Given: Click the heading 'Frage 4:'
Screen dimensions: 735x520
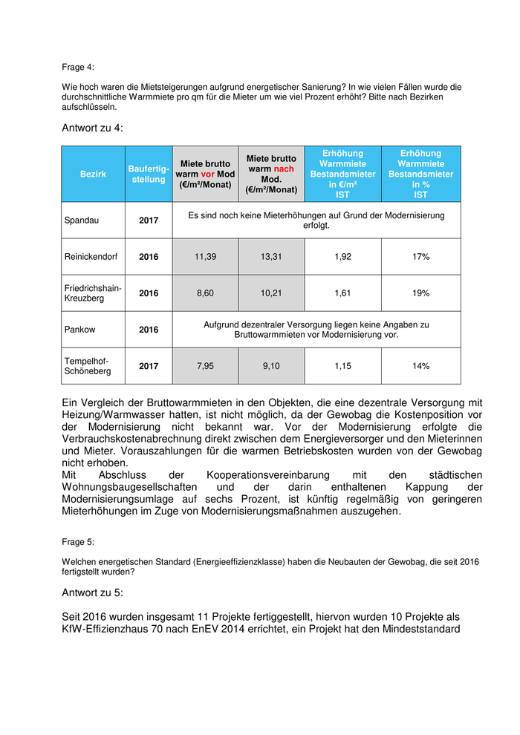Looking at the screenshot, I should pos(78,68).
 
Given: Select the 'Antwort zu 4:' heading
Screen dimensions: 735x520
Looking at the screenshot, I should pos(93,128).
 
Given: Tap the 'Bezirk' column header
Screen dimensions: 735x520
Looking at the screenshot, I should pos(93,174).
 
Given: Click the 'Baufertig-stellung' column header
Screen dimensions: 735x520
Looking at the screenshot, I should pos(149,174).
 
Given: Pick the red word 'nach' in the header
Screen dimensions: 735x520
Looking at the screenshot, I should pos(283,169).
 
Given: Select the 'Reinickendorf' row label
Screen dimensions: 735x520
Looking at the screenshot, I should pos(93,257).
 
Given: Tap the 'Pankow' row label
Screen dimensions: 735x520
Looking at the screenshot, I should pos(79,330).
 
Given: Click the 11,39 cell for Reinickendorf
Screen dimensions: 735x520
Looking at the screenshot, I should pos(205,257).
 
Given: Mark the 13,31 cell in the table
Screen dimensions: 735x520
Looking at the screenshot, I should pos(271,257).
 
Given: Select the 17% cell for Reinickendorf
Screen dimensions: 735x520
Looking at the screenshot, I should pos(420,257).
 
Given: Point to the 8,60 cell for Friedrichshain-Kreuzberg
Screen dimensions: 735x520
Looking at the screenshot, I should pos(205,293).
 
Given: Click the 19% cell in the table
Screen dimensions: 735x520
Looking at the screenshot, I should pos(420,293).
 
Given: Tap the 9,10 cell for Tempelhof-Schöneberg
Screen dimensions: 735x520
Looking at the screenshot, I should pos(271,366).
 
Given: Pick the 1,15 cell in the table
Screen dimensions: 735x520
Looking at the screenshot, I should pos(342,366).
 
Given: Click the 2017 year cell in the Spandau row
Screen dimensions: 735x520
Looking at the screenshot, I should pos(149,220).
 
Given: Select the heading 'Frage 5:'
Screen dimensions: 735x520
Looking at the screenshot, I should pos(78,542).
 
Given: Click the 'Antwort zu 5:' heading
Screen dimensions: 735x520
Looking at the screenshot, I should pos(93,592).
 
